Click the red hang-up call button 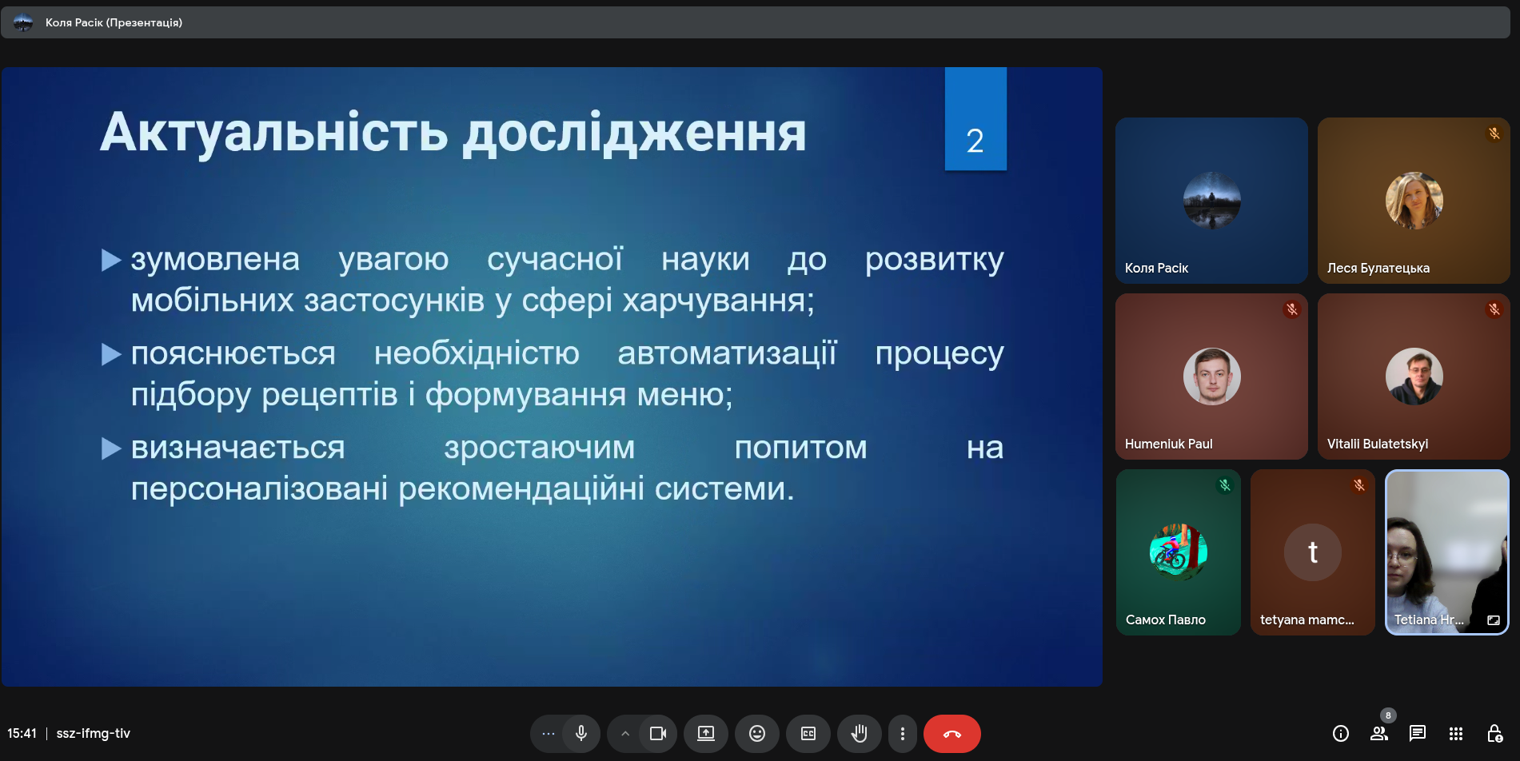951,734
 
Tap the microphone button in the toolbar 581,734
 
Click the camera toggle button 658,734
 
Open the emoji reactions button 757,734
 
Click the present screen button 706,734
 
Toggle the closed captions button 808,734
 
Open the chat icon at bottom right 1418,733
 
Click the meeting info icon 1341,733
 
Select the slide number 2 975,141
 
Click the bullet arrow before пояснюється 112,353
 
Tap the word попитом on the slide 800,448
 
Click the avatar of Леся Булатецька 1414,201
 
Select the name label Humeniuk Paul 1168,444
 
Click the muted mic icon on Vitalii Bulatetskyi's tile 1494,309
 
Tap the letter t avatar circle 1312,552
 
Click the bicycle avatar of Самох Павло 1178,552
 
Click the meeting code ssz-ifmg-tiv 93,733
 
